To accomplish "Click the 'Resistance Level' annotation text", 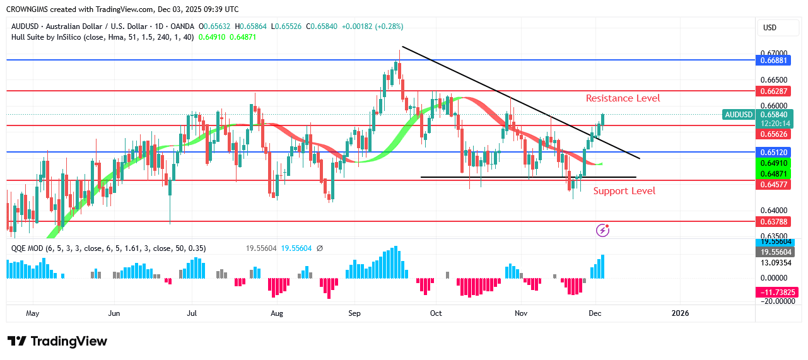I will [x=623, y=98].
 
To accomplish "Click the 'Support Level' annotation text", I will [x=624, y=191].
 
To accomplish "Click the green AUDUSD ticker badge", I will [x=739, y=115].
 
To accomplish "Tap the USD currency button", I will [x=770, y=28].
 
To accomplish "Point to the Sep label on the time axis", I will [x=354, y=313].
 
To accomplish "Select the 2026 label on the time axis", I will [x=680, y=313].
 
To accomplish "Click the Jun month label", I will [x=114, y=313].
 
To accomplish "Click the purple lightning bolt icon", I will [x=603, y=230].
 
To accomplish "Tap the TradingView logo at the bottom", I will [x=57, y=341].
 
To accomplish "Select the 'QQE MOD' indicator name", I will [x=27, y=248].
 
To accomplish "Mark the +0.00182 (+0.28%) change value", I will [x=372, y=26].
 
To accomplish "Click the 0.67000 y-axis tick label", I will [x=773, y=54].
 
